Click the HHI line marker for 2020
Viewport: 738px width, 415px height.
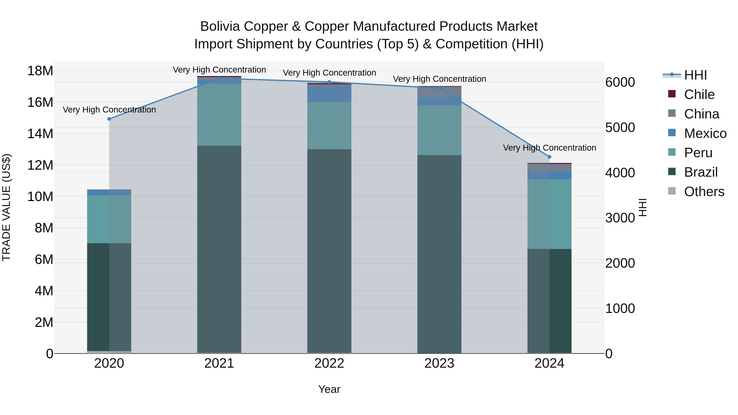pyautogui.click(x=109, y=119)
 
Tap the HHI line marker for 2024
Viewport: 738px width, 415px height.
pyautogui.click(x=549, y=157)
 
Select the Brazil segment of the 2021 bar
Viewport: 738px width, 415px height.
pyautogui.click(x=219, y=249)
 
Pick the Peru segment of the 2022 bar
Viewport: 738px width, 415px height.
pyautogui.click(x=329, y=125)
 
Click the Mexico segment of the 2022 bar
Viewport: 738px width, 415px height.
pyautogui.click(x=329, y=94)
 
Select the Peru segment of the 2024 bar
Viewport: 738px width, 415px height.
pyautogui.click(x=549, y=214)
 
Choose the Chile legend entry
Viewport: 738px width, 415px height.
pyautogui.click(x=699, y=94)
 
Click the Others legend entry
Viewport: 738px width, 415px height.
pyautogui.click(x=704, y=192)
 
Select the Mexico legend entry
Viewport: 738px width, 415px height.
pyautogui.click(x=705, y=133)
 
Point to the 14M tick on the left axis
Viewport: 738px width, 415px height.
pyautogui.click(x=40, y=134)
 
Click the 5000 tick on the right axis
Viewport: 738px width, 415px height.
pyautogui.click(x=620, y=127)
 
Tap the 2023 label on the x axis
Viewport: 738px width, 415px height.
pyautogui.click(x=439, y=363)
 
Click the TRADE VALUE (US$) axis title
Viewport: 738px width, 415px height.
pyautogui.click(x=6, y=207)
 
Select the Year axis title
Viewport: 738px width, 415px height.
pyautogui.click(x=329, y=389)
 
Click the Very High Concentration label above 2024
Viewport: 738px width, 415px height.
pyautogui.click(x=549, y=148)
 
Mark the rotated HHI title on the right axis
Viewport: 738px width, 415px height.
pyautogui.click(x=643, y=207)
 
